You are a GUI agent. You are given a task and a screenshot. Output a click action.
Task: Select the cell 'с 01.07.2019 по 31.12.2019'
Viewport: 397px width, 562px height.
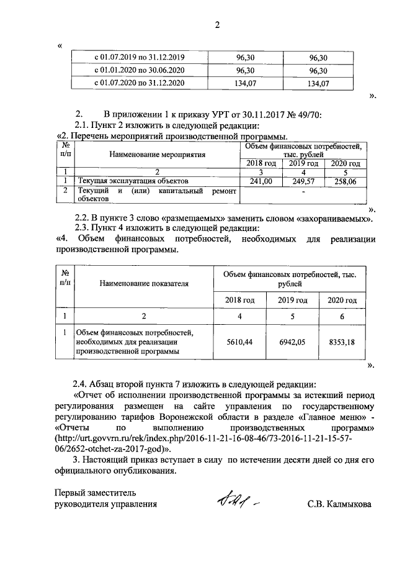(139, 56)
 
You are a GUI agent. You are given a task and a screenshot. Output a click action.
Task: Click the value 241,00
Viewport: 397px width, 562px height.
(261, 181)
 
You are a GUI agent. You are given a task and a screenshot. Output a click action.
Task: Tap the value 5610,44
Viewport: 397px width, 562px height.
(239, 342)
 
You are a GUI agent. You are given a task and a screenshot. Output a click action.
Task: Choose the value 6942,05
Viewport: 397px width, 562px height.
(292, 342)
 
